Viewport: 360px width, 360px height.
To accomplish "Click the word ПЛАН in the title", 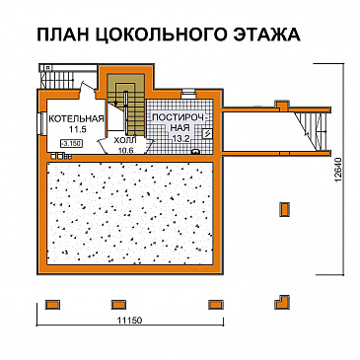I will [x=64, y=36].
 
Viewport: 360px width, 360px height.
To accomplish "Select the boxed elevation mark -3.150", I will [x=71, y=143].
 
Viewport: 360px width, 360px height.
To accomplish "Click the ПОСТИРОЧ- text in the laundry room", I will [x=178, y=118].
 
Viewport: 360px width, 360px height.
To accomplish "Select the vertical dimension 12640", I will [x=339, y=178].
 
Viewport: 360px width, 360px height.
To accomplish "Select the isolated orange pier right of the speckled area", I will [x=286, y=208].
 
